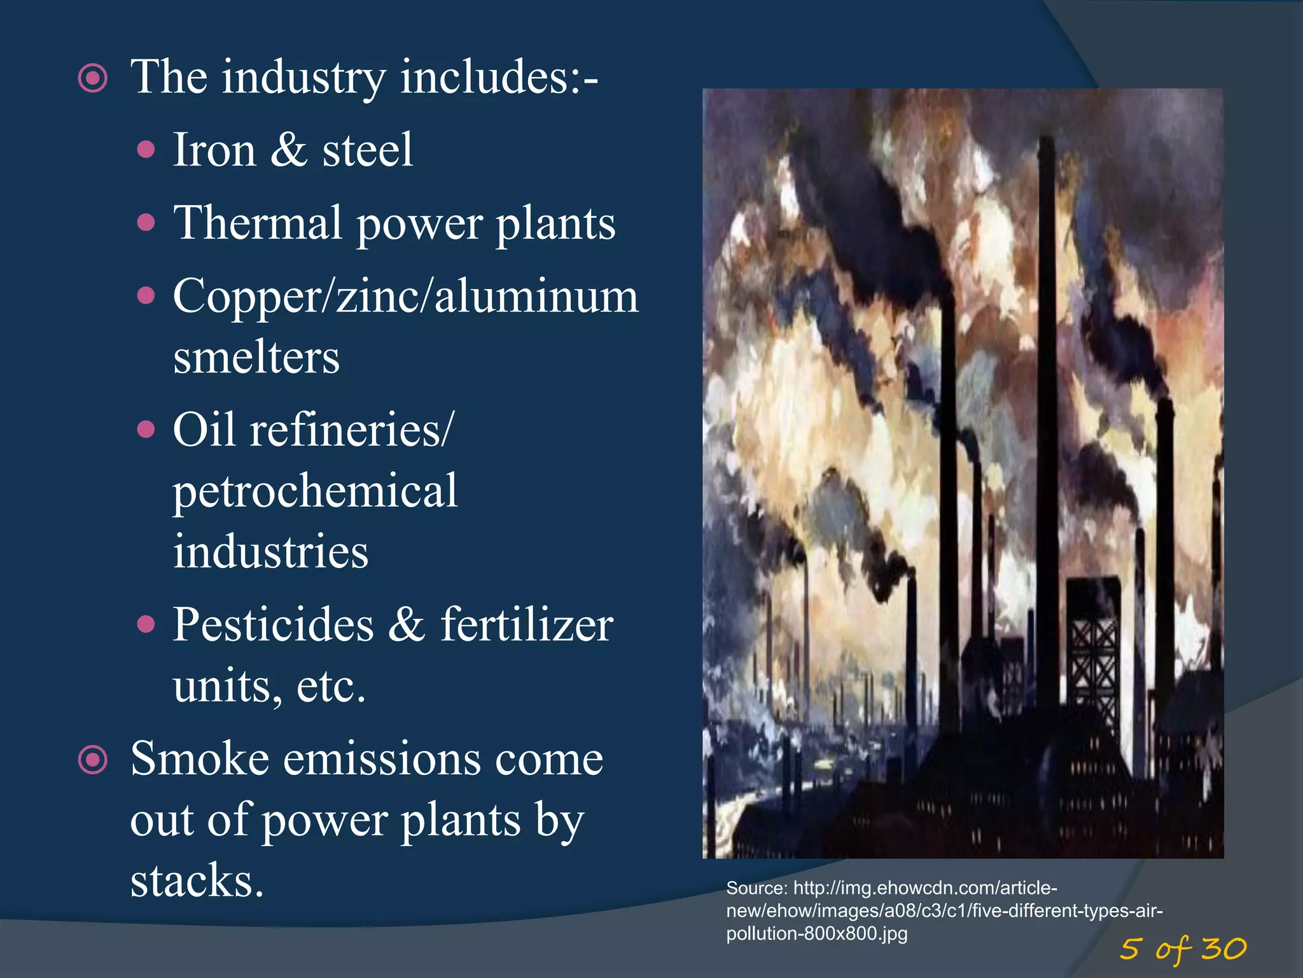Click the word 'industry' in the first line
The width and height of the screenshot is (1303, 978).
coord(303,78)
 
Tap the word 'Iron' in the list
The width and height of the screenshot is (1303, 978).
coord(214,150)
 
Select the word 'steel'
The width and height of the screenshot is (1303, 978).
coord(367,150)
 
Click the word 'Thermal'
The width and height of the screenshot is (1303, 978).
coord(258,223)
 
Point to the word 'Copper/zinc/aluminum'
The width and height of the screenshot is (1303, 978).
coord(405,297)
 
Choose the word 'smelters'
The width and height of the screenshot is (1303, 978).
coord(256,357)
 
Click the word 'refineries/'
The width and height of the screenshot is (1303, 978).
coord(352,430)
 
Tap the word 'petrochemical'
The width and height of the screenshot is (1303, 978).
coord(315,491)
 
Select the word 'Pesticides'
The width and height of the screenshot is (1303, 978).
coord(273,625)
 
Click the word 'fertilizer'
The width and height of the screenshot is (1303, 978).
coord(527,625)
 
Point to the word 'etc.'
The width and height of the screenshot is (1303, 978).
coord(331,686)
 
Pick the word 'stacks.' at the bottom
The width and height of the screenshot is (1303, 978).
coord(197,881)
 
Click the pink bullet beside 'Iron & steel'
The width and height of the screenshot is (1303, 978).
coord(146,150)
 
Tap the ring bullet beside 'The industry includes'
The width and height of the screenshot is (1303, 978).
coord(93,78)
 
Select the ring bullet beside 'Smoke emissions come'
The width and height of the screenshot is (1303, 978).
coord(93,760)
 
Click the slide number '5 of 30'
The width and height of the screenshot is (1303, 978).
coord(1183,949)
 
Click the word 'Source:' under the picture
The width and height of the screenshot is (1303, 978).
coord(756,888)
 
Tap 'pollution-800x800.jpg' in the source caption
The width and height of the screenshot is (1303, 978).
coord(817,934)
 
